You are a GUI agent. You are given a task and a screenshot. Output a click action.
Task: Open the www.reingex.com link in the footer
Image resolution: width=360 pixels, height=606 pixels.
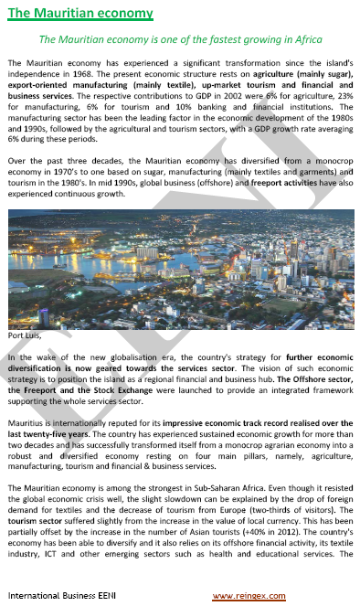coord(248,596)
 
